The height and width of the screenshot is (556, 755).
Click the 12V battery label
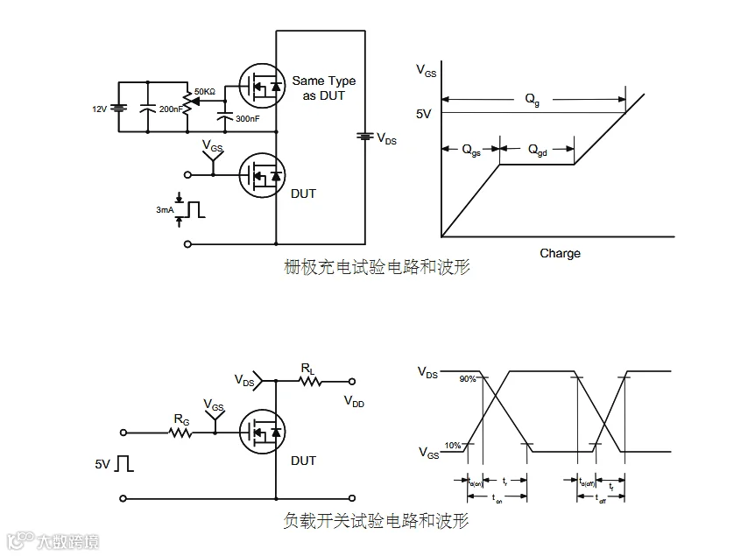click(x=100, y=109)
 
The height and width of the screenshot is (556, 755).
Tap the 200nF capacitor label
click(x=171, y=109)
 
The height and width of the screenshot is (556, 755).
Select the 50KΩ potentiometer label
click(x=206, y=91)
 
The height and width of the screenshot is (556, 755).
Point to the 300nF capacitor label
click(x=248, y=118)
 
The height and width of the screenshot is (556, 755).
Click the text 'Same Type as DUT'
click(x=323, y=88)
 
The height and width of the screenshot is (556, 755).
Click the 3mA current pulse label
click(x=165, y=210)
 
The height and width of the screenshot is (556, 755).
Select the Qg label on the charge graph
click(x=533, y=99)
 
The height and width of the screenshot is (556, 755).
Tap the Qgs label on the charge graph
click(x=470, y=150)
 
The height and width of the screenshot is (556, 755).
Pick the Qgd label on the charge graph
click(x=537, y=150)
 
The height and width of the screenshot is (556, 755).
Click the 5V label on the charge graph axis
click(x=424, y=114)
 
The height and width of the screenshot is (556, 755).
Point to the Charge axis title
click(x=560, y=253)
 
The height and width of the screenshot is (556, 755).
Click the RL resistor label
click(x=307, y=369)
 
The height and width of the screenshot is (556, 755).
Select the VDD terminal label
click(x=354, y=401)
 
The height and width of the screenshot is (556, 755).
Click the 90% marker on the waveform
click(x=466, y=379)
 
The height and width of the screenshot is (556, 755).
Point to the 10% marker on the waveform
click(x=453, y=446)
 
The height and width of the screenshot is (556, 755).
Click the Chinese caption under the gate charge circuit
click(x=377, y=267)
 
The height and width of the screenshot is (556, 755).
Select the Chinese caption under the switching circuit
click(x=377, y=520)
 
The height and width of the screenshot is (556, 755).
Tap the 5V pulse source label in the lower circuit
click(x=103, y=463)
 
